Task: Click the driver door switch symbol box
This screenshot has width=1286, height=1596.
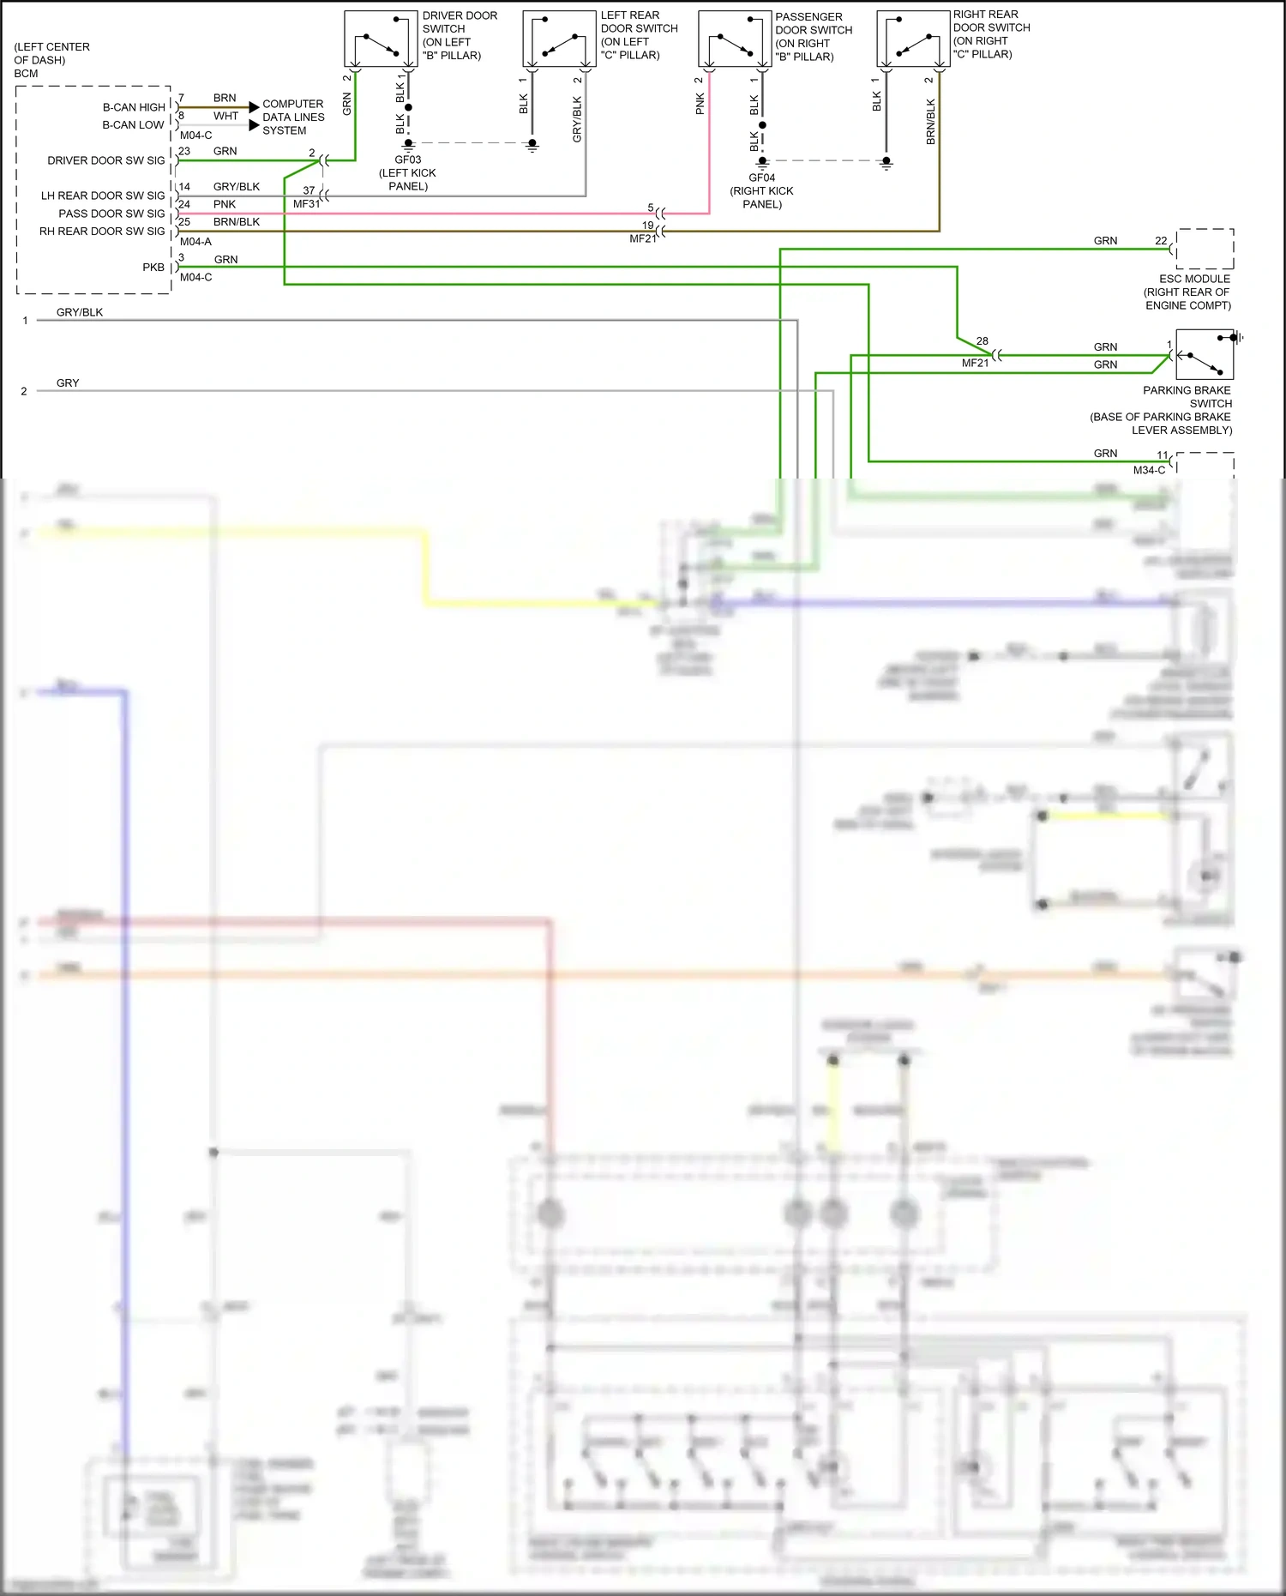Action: point(381,39)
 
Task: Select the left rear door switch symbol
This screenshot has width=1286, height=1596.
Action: point(559,39)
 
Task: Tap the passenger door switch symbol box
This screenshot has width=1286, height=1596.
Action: point(735,39)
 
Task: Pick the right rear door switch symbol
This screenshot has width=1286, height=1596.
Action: point(913,39)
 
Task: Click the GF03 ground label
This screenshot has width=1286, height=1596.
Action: point(407,160)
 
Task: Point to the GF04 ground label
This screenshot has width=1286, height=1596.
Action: point(761,178)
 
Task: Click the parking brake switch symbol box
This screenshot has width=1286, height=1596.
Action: point(1205,355)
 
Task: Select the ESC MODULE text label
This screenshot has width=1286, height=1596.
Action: point(1194,279)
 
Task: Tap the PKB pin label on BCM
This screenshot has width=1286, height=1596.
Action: point(153,268)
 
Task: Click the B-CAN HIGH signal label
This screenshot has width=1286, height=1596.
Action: point(134,107)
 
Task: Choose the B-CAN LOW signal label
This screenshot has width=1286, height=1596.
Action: point(133,125)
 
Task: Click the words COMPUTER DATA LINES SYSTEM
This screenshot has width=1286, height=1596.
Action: point(293,117)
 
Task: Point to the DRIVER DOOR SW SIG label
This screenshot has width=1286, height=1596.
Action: point(106,160)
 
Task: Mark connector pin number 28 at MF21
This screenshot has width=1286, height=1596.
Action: point(982,341)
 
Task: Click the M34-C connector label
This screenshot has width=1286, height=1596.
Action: point(1149,470)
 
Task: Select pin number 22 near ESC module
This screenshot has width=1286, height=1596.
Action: point(1161,241)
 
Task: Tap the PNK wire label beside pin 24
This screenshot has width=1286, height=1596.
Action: point(225,204)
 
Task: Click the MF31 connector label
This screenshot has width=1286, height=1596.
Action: point(306,204)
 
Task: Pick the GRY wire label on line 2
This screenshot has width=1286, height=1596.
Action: point(68,383)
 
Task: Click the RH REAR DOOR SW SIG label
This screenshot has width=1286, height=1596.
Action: point(102,232)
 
